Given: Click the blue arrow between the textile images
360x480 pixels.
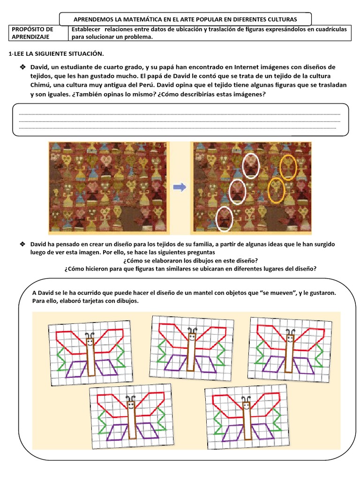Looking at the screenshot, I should click(x=180, y=187).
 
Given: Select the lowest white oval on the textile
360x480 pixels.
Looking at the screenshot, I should click(x=225, y=218).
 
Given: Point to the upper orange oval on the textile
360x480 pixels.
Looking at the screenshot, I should click(x=288, y=167).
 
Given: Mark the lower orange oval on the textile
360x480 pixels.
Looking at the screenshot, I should click(x=276, y=189).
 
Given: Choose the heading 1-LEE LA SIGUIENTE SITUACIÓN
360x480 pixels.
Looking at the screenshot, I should click(x=56, y=54).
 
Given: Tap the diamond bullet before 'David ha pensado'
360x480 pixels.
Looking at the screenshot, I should click(x=22, y=245).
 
